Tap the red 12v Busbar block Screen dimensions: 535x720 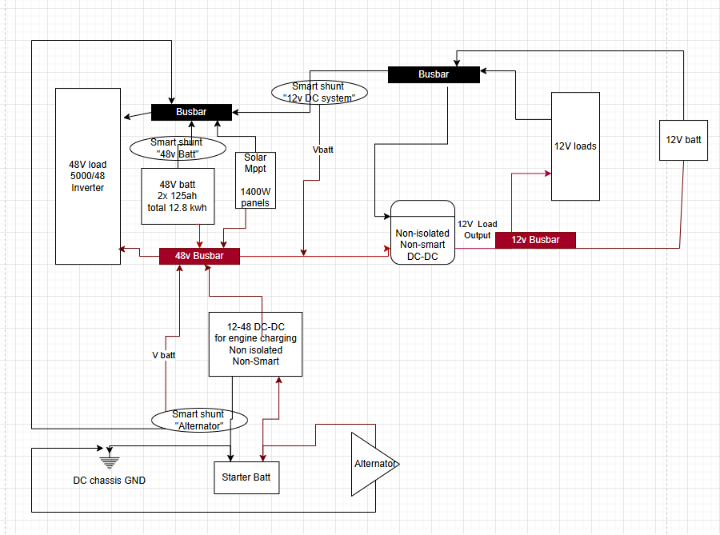[x=535, y=240]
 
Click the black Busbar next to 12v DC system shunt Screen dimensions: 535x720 [x=434, y=74]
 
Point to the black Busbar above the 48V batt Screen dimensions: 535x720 [x=191, y=112]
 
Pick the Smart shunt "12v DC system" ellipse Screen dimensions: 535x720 [x=319, y=90]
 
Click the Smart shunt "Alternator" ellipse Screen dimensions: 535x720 [x=198, y=420]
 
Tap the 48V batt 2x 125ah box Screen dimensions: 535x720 [x=178, y=195]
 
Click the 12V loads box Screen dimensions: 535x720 [x=575, y=146]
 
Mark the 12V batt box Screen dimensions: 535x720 [x=682, y=140]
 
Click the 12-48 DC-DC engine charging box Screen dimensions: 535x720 [x=255, y=344]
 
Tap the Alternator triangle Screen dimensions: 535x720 [x=370, y=464]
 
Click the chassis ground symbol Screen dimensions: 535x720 [x=110, y=460]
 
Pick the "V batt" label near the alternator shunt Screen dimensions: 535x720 [x=163, y=354]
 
